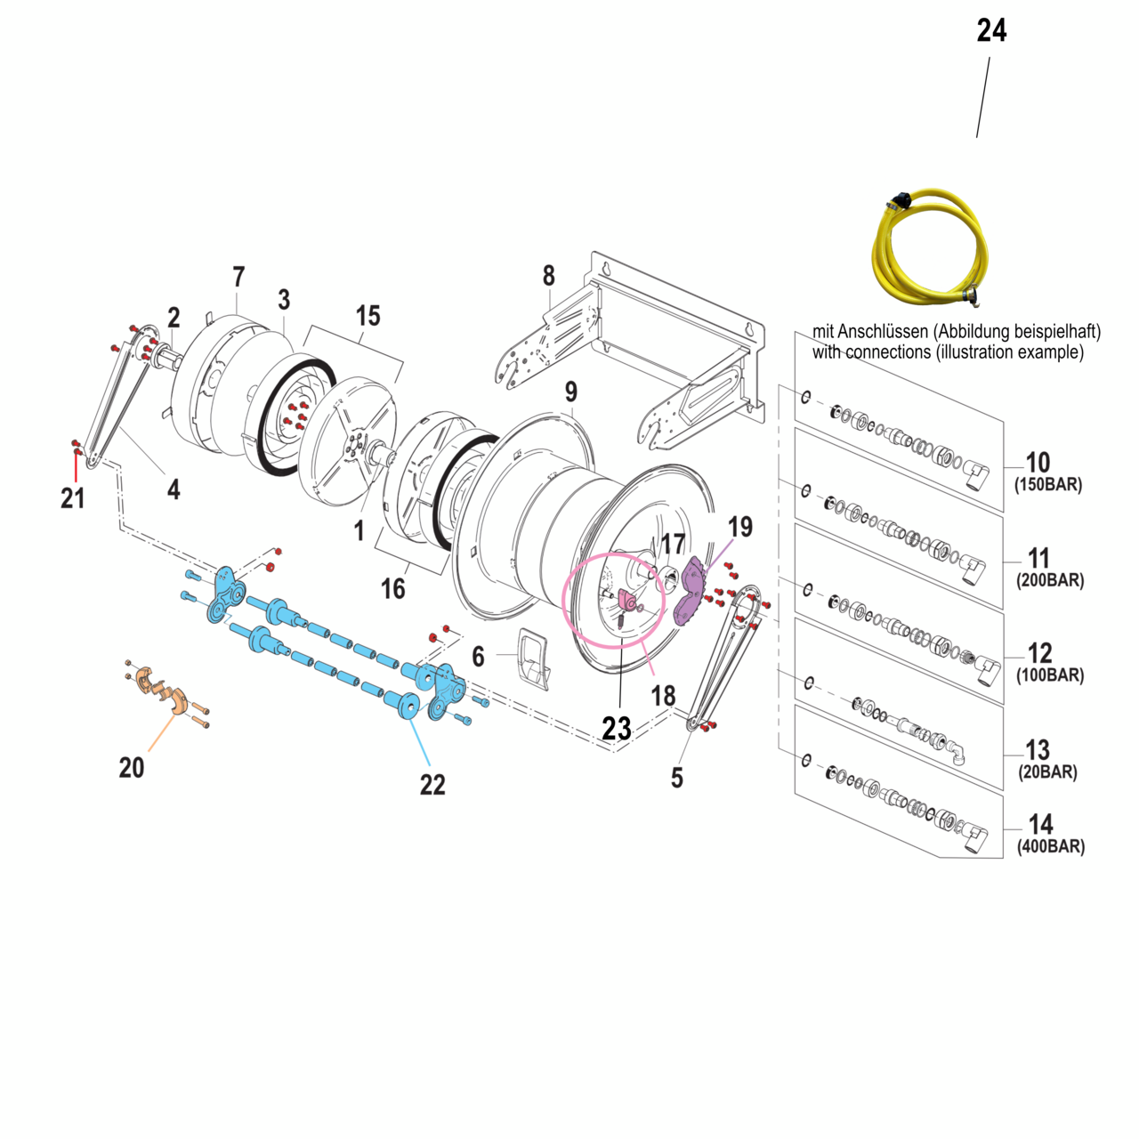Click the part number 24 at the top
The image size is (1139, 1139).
coord(991,31)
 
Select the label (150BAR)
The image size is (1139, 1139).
coord(1048,486)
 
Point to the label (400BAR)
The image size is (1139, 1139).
coord(1051,847)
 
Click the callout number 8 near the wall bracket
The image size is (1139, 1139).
coord(549,276)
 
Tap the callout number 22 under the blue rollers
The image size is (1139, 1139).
coord(432,784)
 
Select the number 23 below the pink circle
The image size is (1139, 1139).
coord(617,729)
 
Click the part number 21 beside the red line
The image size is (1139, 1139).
coord(73,498)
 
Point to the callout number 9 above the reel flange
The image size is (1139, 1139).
coord(571,392)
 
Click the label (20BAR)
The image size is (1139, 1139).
coord(1047,772)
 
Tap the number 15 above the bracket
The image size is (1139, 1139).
coord(368,316)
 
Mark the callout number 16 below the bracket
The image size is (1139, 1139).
coord(392,588)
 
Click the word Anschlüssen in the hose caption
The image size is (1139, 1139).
coord(883,332)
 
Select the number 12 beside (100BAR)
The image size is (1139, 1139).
coord(1039,653)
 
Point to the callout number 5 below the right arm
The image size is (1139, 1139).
coord(677,778)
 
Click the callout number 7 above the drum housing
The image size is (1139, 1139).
coord(238,278)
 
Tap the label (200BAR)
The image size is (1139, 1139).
coord(1050,581)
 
